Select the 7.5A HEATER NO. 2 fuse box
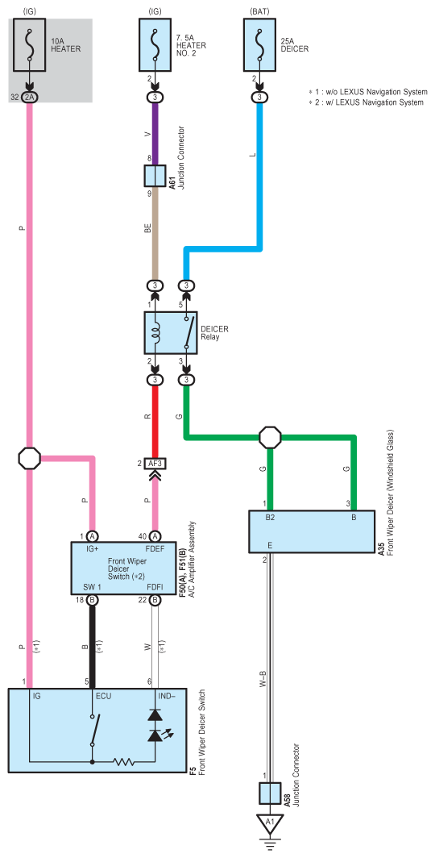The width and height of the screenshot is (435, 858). (x=155, y=45)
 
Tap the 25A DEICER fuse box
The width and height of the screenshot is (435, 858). (x=259, y=45)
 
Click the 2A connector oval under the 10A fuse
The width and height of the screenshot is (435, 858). (x=30, y=98)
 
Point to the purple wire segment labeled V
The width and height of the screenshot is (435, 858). (x=155, y=134)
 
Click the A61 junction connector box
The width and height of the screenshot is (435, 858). (x=155, y=176)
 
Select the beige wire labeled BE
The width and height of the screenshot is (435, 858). (x=155, y=233)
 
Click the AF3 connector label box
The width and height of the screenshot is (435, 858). (x=155, y=464)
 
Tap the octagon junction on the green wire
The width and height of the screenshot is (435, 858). (x=269, y=437)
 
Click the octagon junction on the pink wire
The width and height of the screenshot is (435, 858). (x=30, y=458)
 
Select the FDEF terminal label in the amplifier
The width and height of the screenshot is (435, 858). (x=155, y=548)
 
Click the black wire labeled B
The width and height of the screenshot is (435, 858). (x=93, y=647)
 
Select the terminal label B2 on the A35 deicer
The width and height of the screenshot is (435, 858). (x=270, y=517)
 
